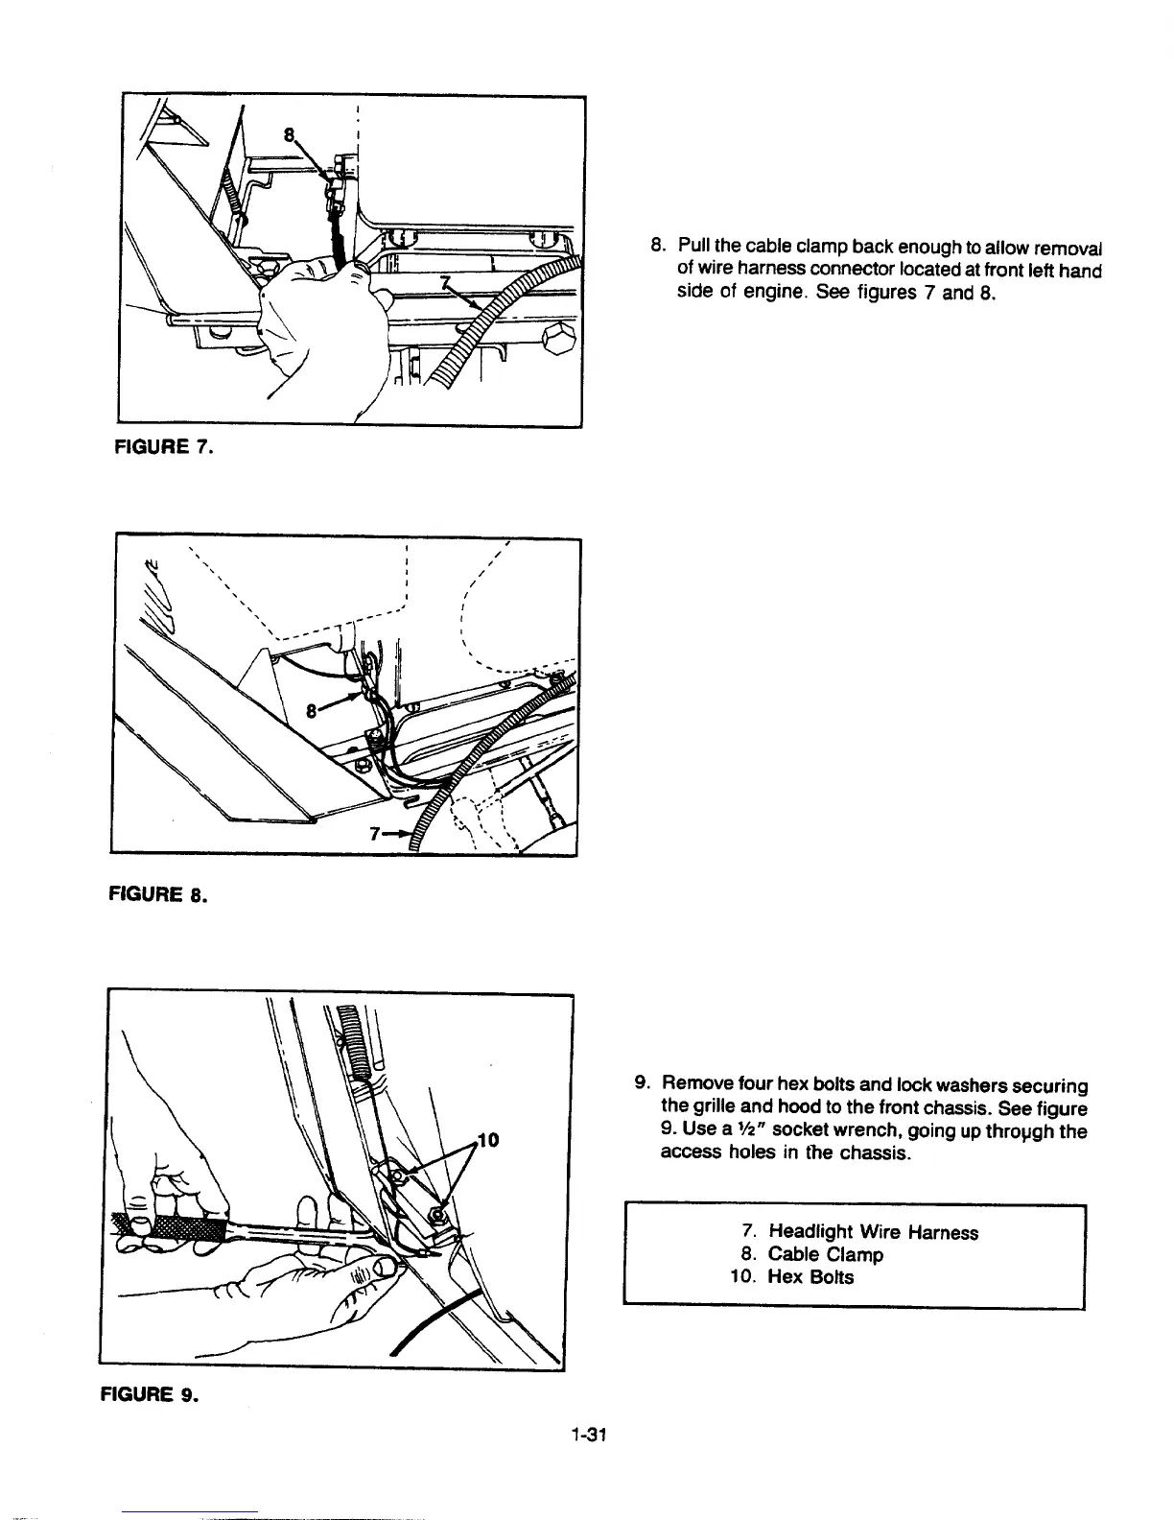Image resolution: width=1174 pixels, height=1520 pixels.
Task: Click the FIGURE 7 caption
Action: coord(164,446)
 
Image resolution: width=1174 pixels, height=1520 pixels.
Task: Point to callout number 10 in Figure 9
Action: coord(488,1140)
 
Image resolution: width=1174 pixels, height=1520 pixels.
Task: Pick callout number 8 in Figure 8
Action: coord(312,711)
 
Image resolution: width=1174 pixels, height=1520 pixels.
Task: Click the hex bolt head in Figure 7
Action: coord(557,339)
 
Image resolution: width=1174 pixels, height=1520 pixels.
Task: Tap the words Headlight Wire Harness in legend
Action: coord(873,1232)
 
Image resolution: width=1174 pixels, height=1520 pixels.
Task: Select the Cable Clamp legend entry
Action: coord(825,1254)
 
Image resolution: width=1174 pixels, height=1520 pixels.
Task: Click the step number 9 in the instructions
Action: coord(642,1085)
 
